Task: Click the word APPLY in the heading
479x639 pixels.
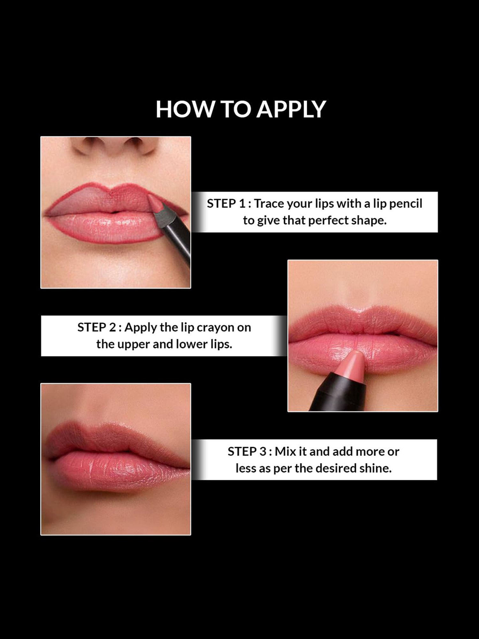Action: pos(291,110)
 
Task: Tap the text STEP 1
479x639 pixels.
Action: pos(226,204)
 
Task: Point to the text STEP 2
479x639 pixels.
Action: pos(96,327)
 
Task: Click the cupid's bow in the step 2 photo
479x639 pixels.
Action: pos(362,315)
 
